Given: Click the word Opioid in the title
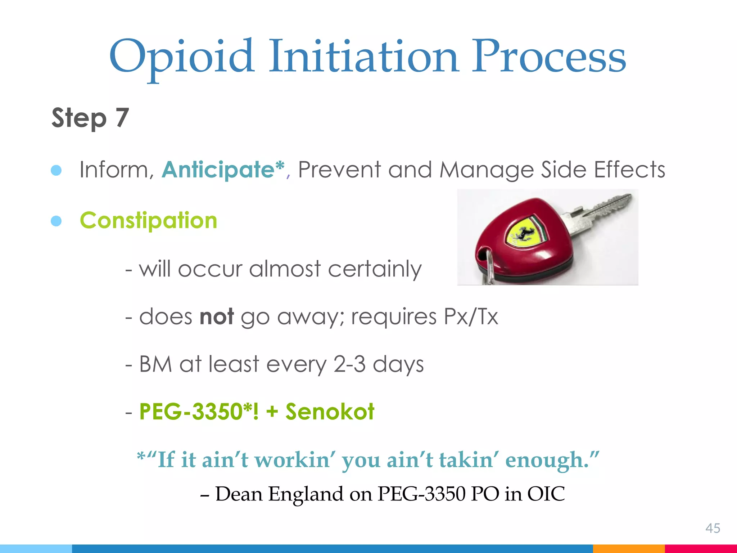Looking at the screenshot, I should click(x=182, y=58).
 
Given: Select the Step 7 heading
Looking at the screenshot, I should click(x=90, y=118).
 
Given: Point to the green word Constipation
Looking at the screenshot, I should click(x=148, y=220).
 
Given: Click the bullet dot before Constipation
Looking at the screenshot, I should click(x=56, y=221).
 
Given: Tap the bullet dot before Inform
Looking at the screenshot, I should click(x=56, y=170).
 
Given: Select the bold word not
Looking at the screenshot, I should click(x=217, y=316).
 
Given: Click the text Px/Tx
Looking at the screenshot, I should click(x=471, y=316).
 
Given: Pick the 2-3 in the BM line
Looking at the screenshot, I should click(x=349, y=364).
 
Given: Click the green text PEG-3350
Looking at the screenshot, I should click(x=191, y=411).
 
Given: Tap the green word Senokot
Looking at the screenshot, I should click(x=330, y=411).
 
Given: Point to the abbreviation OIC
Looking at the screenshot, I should click(x=546, y=494).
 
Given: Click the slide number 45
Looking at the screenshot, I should click(x=713, y=528).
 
